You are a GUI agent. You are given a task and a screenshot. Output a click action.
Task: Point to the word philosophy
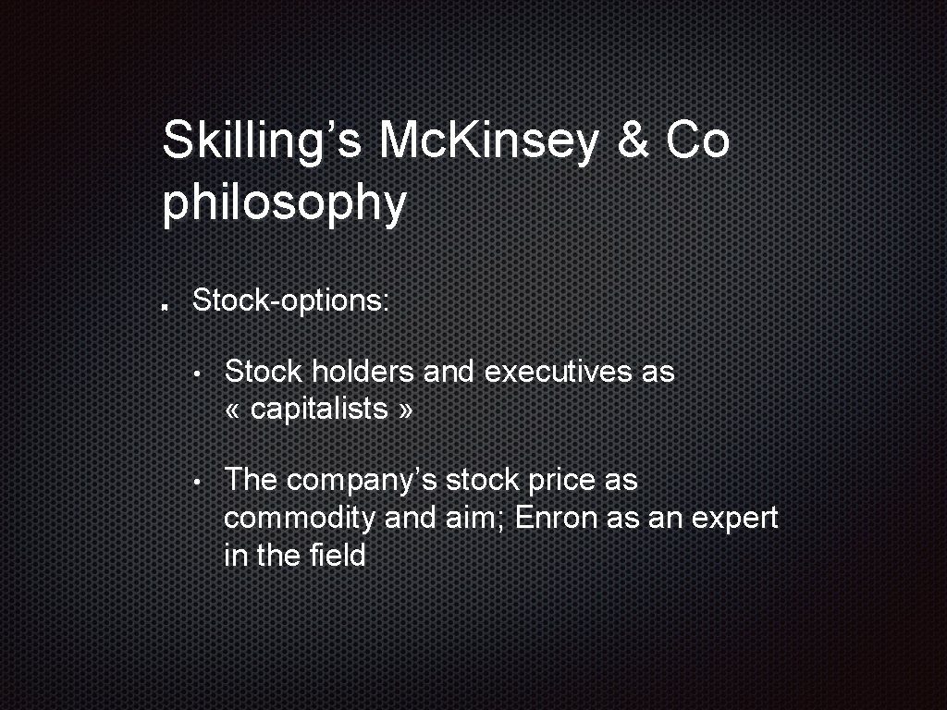tap(284, 204)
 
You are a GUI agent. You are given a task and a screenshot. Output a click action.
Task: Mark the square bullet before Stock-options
tap(163, 306)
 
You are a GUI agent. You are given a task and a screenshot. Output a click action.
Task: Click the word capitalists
tap(318, 409)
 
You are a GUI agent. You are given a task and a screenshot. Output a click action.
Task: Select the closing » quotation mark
tap(404, 410)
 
